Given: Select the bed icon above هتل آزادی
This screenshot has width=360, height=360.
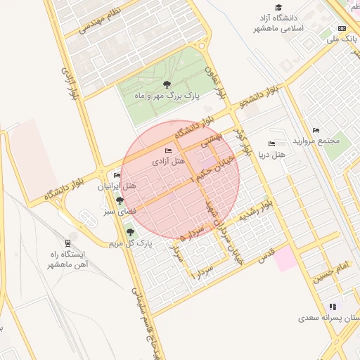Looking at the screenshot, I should point(167,151).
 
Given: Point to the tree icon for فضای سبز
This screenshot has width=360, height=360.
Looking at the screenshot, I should point(120,201).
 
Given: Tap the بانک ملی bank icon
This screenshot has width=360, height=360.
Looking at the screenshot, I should point(342,28).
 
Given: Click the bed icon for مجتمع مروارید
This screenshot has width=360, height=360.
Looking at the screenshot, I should point(316,130).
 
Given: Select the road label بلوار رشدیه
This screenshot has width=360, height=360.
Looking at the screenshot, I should point(255,212).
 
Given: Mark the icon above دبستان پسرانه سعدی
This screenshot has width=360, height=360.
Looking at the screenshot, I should point(333,307).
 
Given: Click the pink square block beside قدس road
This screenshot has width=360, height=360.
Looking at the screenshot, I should point(286,259).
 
